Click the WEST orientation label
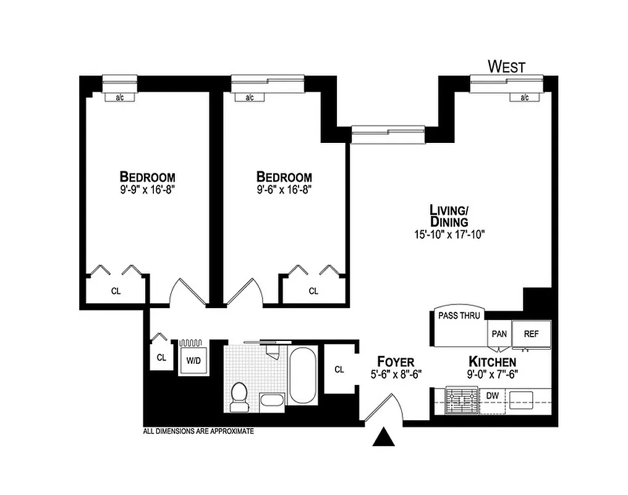pyautogui.click(x=506, y=66)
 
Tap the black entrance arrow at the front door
pyautogui.click(x=384, y=437)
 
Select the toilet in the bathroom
pyautogui.click(x=238, y=397)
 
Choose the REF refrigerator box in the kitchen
pyautogui.click(x=531, y=334)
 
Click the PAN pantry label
pyautogui.click(x=499, y=334)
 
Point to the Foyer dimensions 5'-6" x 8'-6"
pyautogui.click(x=395, y=374)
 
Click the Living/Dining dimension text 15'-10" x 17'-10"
pyautogui.click(x=449, y=235)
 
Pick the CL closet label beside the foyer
pyautogui.click(x=339, y=369)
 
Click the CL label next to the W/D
pyautogui.click(x=161, y=357)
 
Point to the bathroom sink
pyautogui.click(x=272, y=399)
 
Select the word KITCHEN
pyautogui.click(x=492, y=361)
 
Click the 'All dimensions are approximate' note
pyautogui.click(x=198, y=431)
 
